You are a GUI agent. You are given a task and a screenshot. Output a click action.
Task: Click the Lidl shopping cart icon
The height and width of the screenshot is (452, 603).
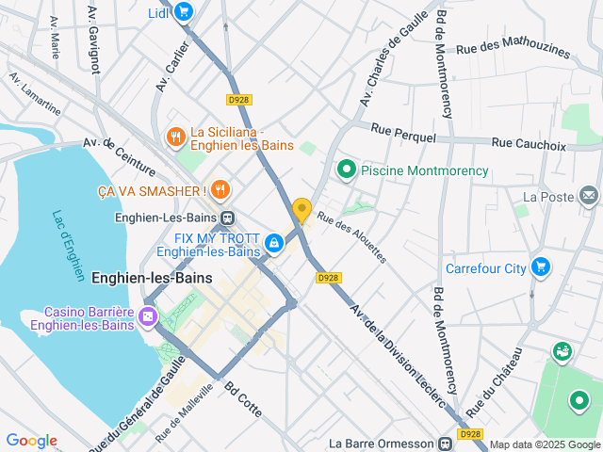[184, 11]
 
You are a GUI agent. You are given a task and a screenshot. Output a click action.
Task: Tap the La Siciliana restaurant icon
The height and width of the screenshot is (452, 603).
[175, 137]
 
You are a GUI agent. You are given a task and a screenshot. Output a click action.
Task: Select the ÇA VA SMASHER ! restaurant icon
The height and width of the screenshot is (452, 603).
[220, 190]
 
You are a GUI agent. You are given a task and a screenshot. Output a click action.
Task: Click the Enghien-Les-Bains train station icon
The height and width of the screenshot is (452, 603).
[227, 218]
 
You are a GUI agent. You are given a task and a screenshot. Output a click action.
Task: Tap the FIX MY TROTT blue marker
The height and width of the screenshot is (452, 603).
[273, 243]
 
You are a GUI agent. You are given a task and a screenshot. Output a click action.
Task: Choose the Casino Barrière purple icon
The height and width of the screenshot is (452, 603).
[148, 316]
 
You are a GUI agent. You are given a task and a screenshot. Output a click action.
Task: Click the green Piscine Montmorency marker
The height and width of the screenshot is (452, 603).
[347, 170]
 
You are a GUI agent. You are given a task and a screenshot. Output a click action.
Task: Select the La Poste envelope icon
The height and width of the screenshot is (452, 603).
[589, 196]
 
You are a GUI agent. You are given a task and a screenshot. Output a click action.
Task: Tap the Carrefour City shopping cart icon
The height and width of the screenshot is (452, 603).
[540, 267]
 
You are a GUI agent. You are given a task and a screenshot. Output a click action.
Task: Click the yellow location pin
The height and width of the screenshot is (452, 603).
[301, 210]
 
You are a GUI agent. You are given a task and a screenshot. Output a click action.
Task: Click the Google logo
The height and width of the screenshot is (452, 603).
[31, 441]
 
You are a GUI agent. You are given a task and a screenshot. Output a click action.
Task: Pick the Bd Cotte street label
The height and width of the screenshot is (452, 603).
[243, 400]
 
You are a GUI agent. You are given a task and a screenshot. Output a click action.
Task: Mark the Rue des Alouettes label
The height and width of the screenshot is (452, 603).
[351, 235]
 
